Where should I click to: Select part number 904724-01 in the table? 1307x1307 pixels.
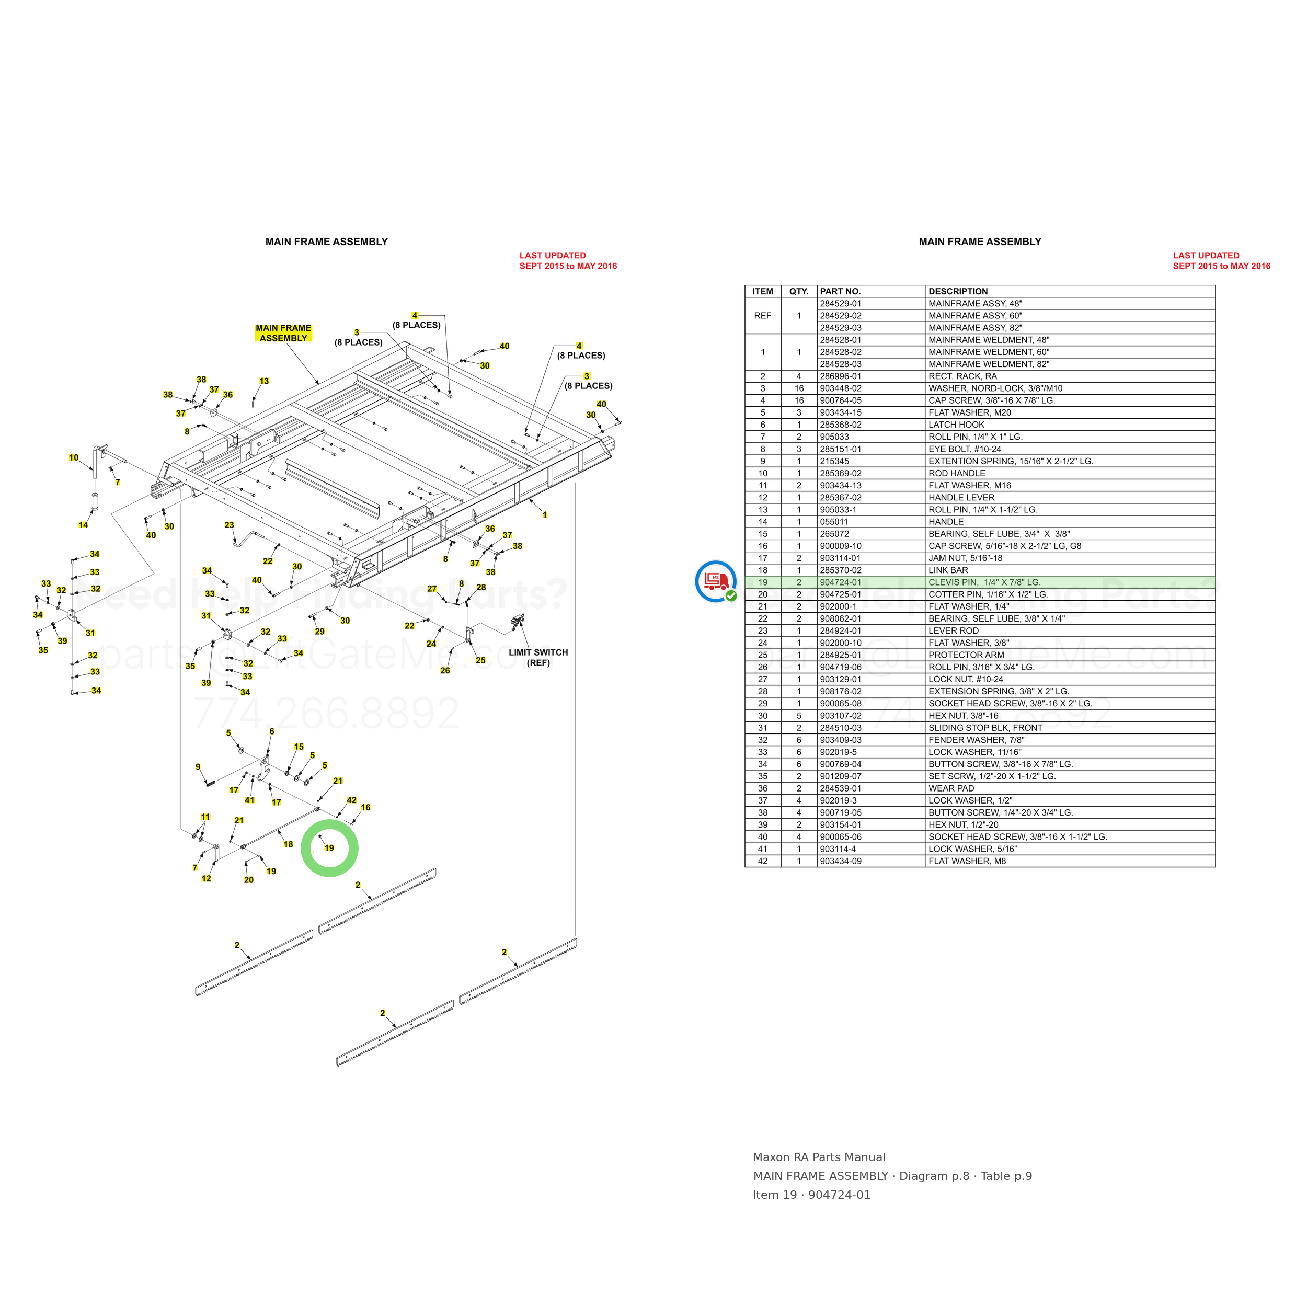840,582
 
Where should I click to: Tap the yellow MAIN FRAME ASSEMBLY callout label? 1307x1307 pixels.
283,333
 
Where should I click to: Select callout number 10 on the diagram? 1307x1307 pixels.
74,458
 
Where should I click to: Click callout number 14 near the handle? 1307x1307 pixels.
83,525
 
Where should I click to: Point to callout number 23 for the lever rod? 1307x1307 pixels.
230,525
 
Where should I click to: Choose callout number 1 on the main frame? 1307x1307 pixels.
545,515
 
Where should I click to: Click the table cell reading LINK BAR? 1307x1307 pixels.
948,570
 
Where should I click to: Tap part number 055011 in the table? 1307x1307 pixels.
833,522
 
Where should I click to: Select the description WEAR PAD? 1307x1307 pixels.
951,788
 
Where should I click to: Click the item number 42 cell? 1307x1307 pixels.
762,861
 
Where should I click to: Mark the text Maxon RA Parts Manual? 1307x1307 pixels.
819,1157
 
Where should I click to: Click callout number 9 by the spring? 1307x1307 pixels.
198,767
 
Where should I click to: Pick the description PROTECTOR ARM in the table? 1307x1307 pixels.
966,655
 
